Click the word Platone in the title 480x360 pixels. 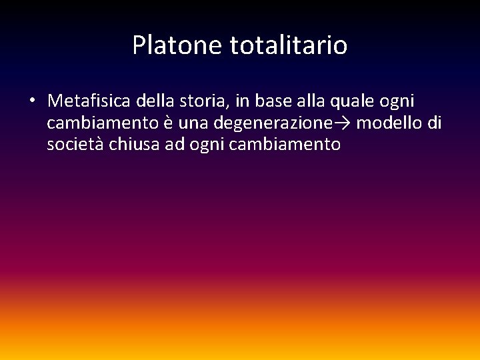click(x=178, y=46)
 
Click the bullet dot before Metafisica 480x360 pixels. click(x=32, y=101)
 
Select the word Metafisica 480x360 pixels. click(x=89, y=101)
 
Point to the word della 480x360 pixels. click(x=154, y=101)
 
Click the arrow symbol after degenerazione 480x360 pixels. click(x=343, y=123)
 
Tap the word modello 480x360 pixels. click(x=387, y=123)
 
